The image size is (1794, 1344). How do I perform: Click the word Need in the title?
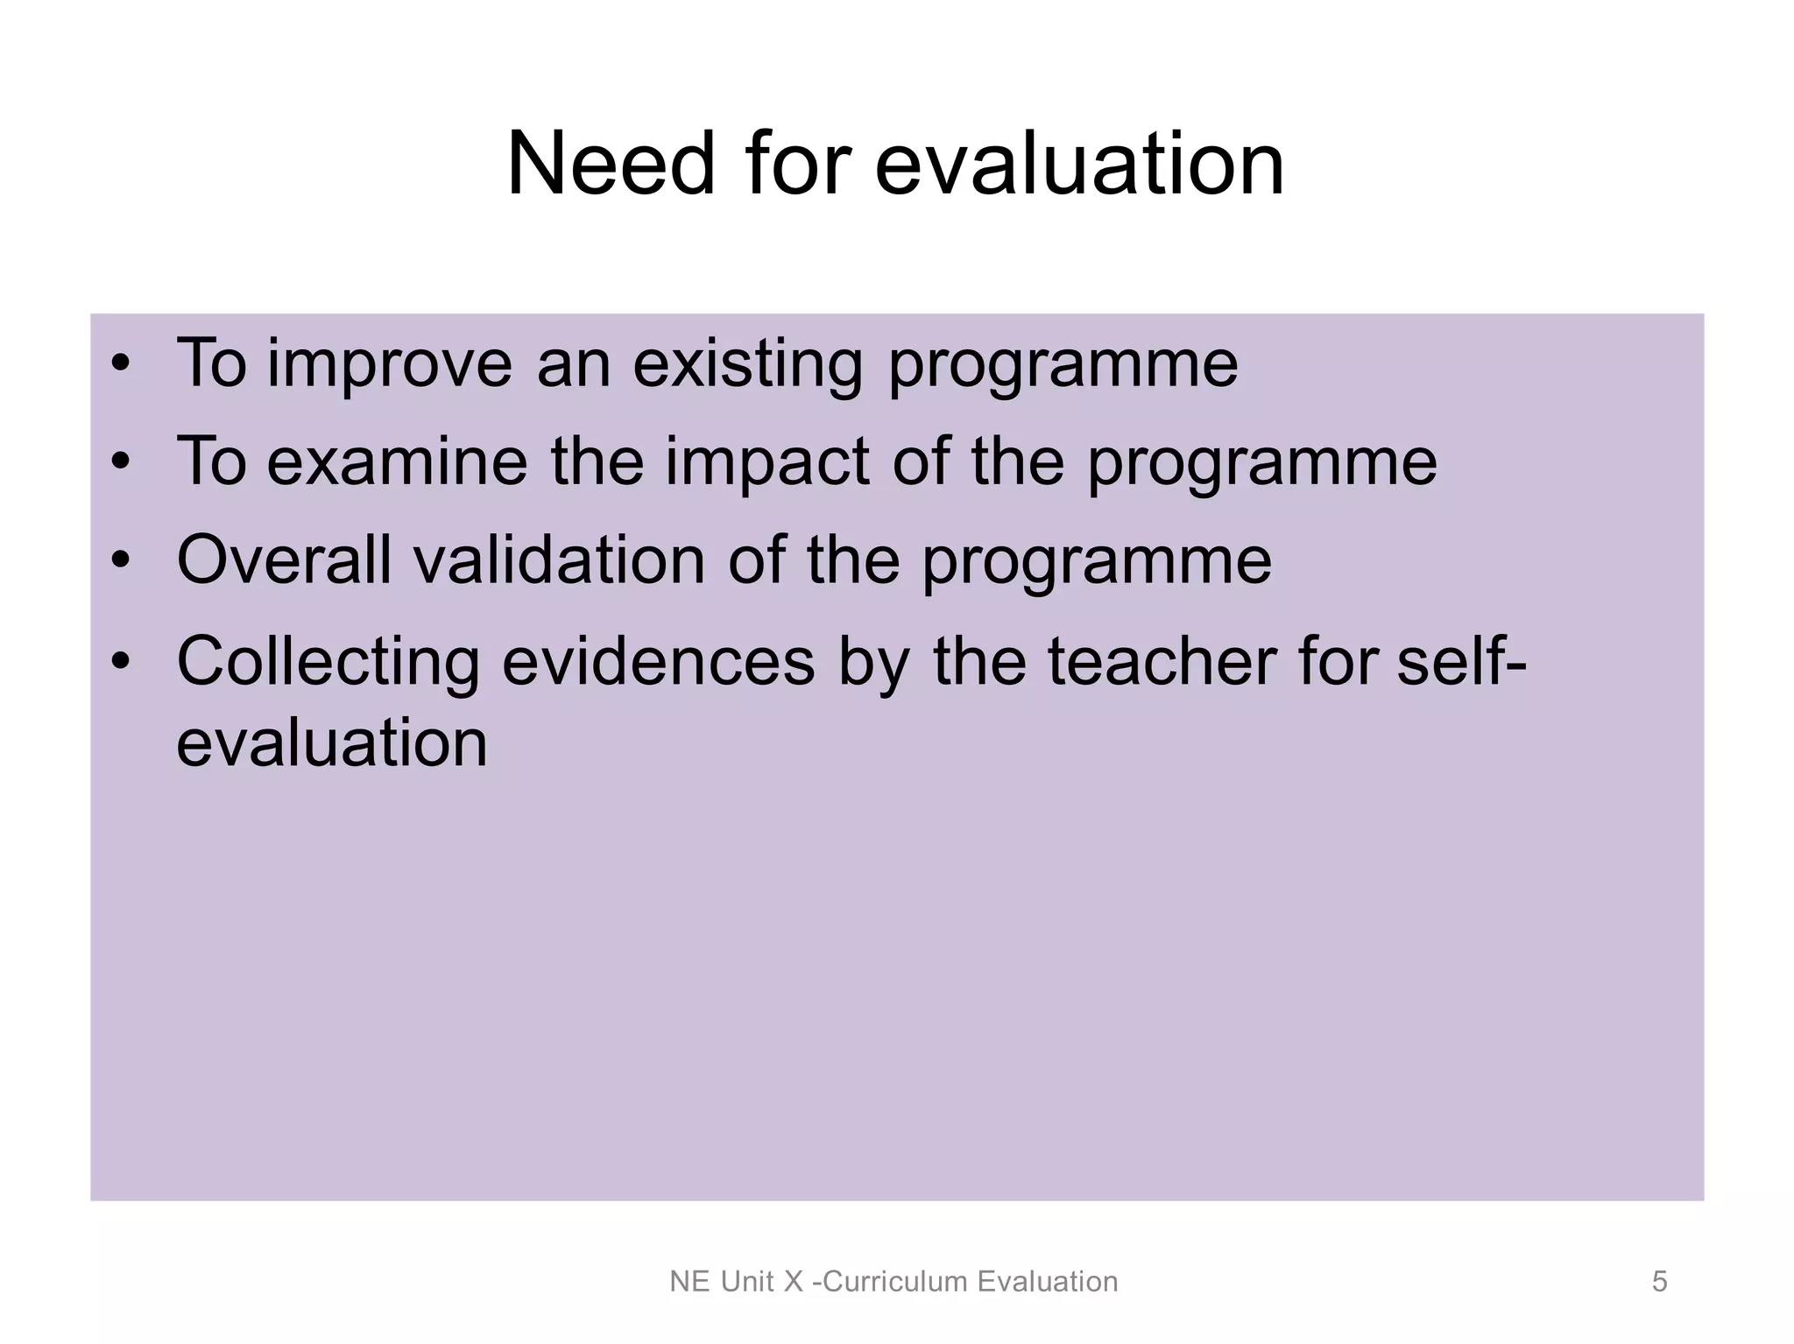(611, 164)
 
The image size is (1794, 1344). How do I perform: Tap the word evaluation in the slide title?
(1079, 164)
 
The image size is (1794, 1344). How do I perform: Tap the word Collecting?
(328, 661)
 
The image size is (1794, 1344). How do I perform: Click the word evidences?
(658, 661)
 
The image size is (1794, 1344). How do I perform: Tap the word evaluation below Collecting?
(331, 742)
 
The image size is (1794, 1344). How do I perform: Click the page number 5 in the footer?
(1659, 1282)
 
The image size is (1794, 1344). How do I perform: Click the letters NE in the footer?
(689, 1282)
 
